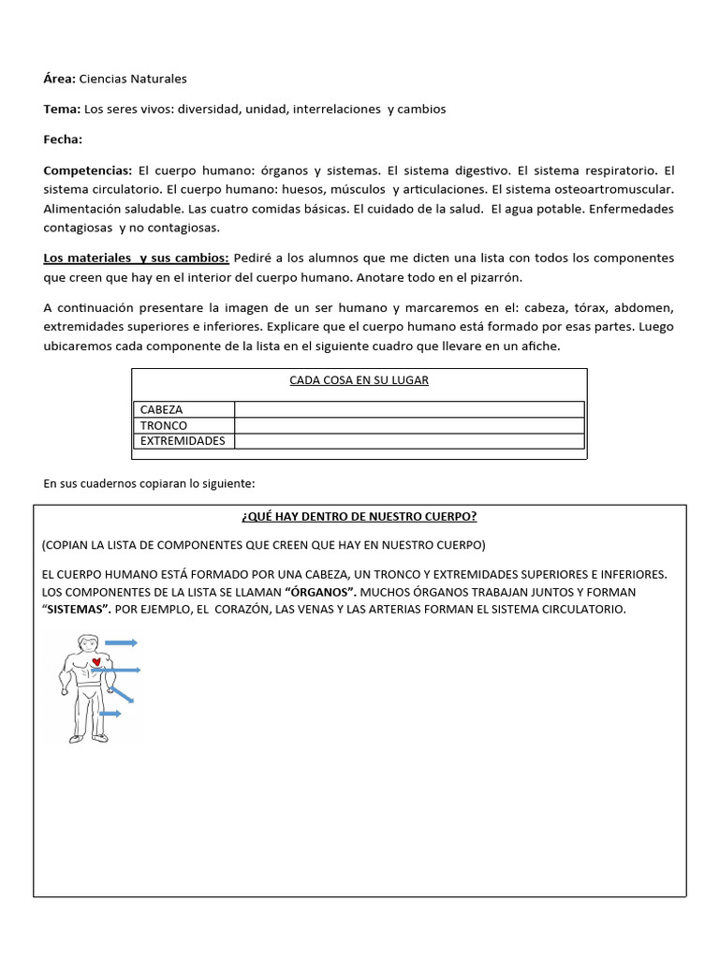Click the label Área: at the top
[59, 79]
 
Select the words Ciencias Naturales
[133, 79]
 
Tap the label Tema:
[62, 109]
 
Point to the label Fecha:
[63, 140]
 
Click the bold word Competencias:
[88, 170]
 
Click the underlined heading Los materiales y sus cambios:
[136, 258]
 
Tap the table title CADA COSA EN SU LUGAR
[359, 380]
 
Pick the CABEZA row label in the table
[162, 409]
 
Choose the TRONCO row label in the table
[164, 425]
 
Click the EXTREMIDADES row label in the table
[183, 441]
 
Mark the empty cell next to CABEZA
[409, 409]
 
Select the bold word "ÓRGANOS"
[321, 593]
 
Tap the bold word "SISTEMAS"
[76, 610]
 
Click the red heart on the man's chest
[96, 663]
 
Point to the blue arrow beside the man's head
[122, 642]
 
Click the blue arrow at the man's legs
[110, 714]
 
